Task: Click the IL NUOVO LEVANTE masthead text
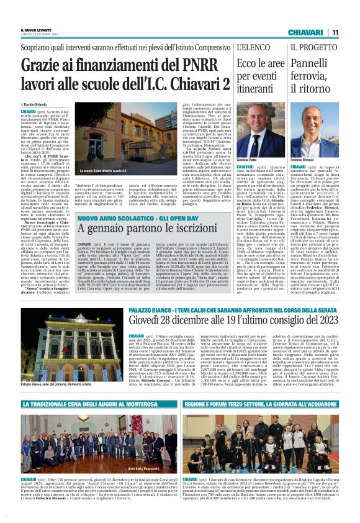pyautogui.click(x=34, y=30)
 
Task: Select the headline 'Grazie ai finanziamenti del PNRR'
pyautogui.click(x=117, y=63)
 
